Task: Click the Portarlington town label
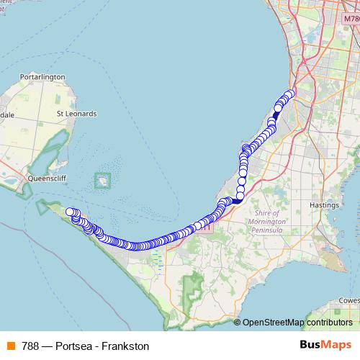[x=43, y=77]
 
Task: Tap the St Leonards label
[x=76, y=114]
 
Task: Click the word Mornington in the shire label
[x=272, y=214]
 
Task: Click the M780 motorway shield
[x=352, y=17]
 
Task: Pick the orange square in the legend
[x=9, y=346]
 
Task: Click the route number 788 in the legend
[x=32, y=346]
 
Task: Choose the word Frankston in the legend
[x=125, y=346]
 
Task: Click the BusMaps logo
[x=327, y=345]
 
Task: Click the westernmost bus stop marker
[x=70, y=212]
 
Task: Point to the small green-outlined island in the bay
[x=103, y=179]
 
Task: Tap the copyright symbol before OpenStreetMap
[x=237, y=323]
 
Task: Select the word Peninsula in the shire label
[x=272, y=222]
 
